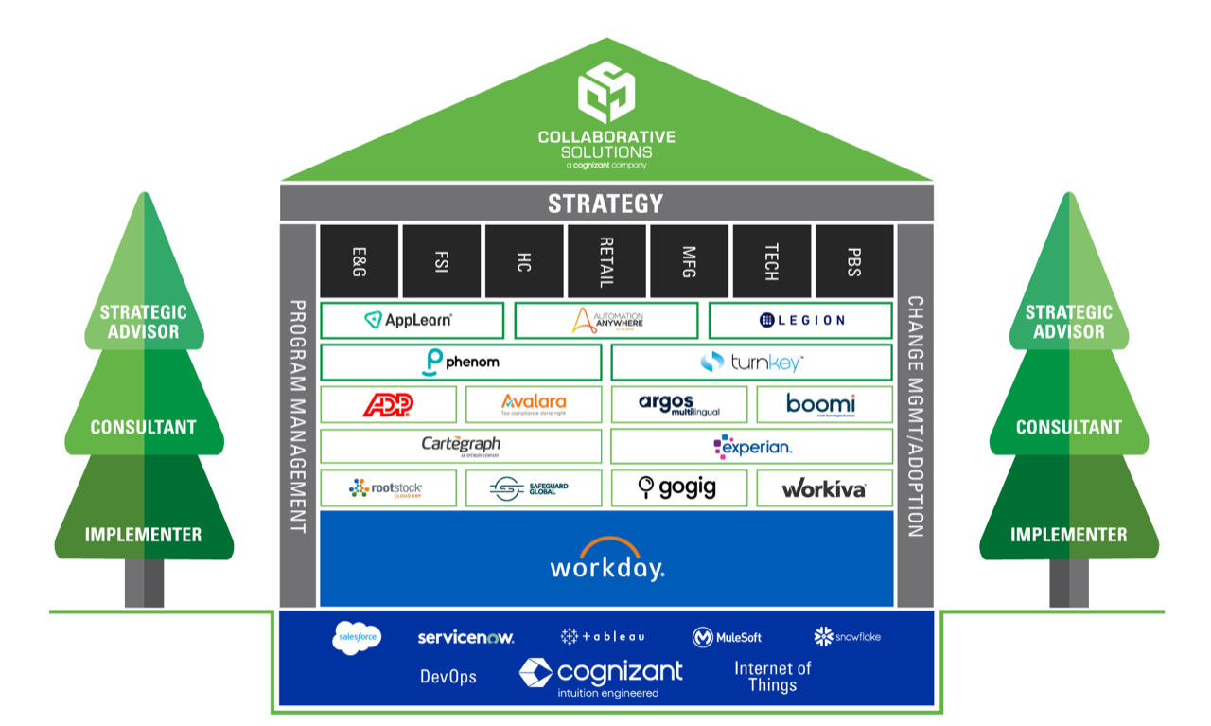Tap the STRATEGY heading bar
point(606,204)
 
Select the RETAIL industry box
point(606,260)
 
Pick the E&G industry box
point(360,260)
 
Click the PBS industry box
point(853,260)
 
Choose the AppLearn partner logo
point(411,321)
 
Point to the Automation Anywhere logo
point(606,321)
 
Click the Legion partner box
point(800,321)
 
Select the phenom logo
point(461,363)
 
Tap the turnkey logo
point(751,363)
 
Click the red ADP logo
point(389,404)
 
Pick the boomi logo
point(820,404)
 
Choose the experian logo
point(751,446)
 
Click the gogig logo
point(678,487)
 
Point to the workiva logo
point(823,488)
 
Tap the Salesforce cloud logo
point(357,637)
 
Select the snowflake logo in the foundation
point(847,636)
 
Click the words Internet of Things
point(772,676)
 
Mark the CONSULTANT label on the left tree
point(144,427)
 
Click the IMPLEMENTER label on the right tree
point(1068,535)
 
